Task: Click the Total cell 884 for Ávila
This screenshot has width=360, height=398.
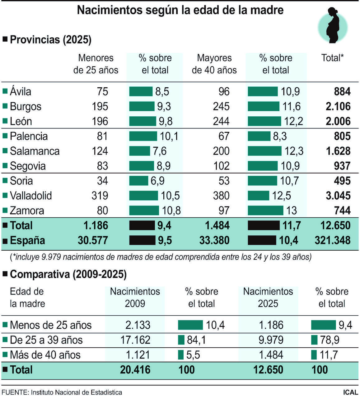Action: pyautogui.click(x=342, y=91)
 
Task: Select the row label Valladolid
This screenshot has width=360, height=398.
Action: pyautogui.click(x=31, y=196)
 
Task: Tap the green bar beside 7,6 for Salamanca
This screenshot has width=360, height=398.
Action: pyautogui.click(x=139, y=151)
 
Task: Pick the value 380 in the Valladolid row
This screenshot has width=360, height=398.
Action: pyautogui.click(x=221, y=196)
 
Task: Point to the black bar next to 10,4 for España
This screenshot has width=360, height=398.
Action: pyautogui.click(x=262, y=240)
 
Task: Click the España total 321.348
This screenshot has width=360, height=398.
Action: pyautogui.click(x=332, y=240)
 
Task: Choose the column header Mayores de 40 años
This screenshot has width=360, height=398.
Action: pyautogui.click(x=214, y=64)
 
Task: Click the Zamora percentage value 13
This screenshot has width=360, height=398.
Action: pyautogui.click(x=291, y=211)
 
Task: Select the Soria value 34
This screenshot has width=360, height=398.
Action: pyautogui.click(x=102, y=181)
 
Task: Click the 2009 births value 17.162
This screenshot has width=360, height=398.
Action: pyautogui.click(x=135, y=340)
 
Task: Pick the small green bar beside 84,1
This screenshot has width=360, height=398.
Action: pyautogui.click(x=181, y=340)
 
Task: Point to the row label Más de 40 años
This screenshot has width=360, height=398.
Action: pyautogui.click(x=45, y=355)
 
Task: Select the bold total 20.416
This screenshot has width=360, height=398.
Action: pyautogui.click(x=135, y=370)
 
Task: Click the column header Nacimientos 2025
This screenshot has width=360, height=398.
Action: pyautogui.click(x=268, y=297)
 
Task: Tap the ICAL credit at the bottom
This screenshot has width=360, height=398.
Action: pyautogui.click(x=350, y=392)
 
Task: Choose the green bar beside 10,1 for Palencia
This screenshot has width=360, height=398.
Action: pyautogui.click(x=143, y=136)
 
